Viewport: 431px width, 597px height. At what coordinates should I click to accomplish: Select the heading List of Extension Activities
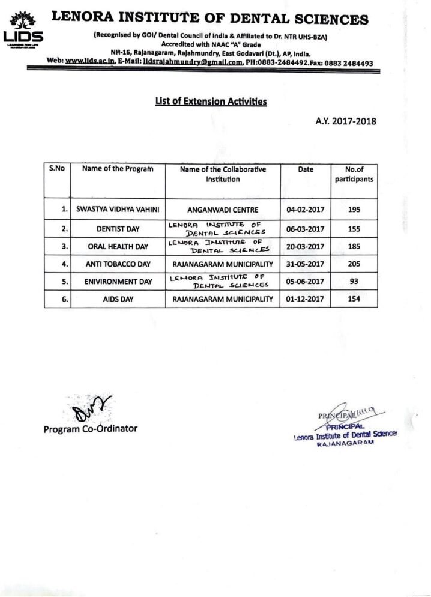211,102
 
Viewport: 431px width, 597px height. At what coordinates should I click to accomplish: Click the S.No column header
56,169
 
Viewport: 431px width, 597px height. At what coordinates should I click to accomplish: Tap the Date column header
305,169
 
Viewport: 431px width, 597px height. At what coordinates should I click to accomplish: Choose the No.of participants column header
354,174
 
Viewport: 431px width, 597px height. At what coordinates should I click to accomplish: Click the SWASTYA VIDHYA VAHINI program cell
117,210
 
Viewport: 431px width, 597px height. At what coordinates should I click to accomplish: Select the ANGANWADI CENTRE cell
222,210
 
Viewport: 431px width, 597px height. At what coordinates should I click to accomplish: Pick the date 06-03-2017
305,229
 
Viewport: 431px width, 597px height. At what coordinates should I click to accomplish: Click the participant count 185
354,246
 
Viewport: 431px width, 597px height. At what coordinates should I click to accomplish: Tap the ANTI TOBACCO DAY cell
117,264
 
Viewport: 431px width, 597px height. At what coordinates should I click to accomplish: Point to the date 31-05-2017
305,264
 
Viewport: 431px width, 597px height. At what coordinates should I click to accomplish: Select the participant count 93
354,281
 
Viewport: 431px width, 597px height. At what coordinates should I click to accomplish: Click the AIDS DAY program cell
117,298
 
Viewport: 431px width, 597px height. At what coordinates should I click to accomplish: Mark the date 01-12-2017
305,298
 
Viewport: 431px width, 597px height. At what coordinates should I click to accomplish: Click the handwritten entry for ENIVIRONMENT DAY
223,281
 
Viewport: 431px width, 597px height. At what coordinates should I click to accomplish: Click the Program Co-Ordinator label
90,429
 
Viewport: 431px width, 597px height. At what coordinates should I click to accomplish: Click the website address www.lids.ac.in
89,62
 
